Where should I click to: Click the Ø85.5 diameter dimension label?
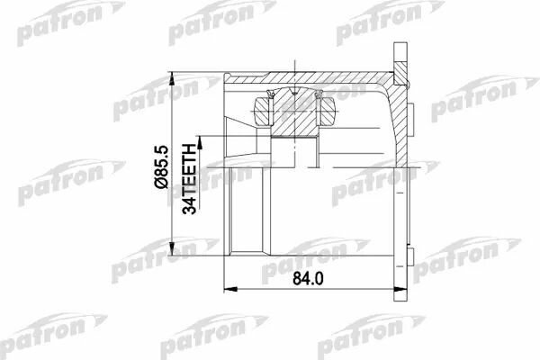161,167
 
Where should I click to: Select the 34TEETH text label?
189,179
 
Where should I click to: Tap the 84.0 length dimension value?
308,278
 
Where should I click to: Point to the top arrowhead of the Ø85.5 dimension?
172,78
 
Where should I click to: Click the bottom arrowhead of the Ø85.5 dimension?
172,249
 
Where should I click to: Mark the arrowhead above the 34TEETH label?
200,142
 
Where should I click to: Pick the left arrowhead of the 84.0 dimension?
230,290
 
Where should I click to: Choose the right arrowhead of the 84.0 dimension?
400,290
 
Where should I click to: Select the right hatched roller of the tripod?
328,112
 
